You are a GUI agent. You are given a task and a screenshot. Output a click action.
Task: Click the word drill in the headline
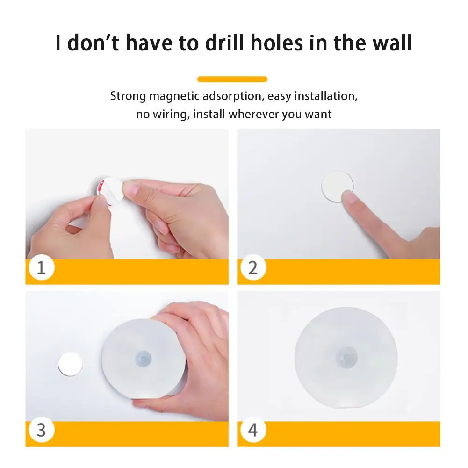(225, 43)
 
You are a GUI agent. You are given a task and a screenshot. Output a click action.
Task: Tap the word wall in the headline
(392, 43)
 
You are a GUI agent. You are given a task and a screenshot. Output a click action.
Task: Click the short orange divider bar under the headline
(232, 79)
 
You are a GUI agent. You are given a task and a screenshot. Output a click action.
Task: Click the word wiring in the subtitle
(171, 115)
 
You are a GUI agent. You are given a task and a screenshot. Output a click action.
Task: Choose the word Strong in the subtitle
(128, 96)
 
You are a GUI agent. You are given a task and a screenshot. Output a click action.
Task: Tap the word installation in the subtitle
(326, 96)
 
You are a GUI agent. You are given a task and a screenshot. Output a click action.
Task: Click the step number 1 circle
(42, 267)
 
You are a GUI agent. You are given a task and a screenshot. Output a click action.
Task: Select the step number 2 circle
(253, 267)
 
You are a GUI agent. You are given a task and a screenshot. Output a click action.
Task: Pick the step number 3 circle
(42, 430)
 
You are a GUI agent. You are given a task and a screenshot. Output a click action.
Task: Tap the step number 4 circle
(253, 430)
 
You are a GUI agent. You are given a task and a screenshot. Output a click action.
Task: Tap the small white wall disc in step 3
(70, 364)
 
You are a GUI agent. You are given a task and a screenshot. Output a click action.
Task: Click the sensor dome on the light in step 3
(143, 358)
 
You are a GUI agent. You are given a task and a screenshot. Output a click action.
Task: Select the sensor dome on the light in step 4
(346, 358)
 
